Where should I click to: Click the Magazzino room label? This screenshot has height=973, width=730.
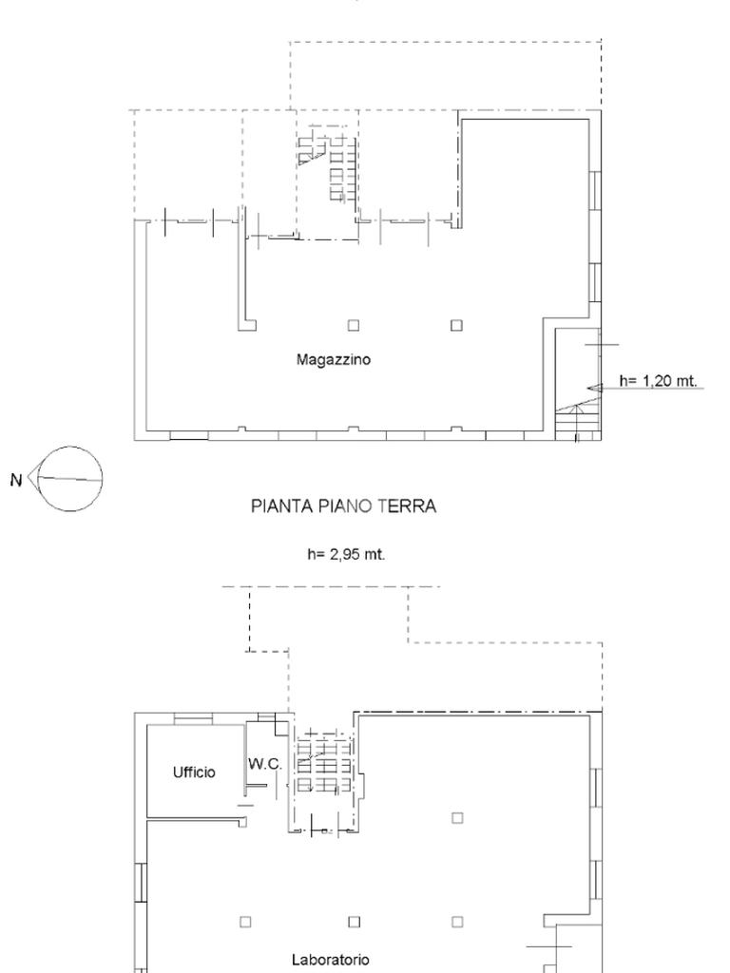334,360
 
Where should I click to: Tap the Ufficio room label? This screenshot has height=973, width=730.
194,772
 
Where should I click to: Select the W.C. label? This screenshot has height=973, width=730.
265,764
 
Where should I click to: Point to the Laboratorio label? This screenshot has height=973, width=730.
330,960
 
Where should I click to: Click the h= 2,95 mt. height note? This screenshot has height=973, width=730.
346,554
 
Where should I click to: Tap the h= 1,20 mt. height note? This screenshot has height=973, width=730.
658,380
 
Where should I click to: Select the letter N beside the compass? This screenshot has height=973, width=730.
16,480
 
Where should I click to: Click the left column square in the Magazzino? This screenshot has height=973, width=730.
354,325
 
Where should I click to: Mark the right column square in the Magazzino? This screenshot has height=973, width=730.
456,325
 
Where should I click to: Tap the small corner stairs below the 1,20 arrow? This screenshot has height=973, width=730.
577,422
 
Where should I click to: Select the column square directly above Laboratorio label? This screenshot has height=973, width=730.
354,922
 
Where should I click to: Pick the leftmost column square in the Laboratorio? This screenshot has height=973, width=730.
245,922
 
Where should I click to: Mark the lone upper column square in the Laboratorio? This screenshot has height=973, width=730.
457,817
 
